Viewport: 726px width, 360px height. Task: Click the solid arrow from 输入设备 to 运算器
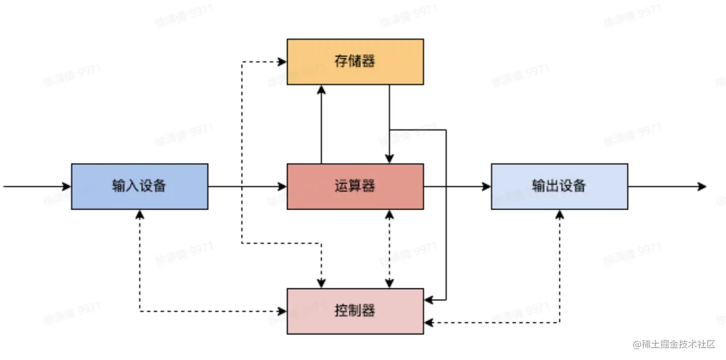[247, 186]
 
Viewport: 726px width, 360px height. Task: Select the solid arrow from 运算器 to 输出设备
[457, 186]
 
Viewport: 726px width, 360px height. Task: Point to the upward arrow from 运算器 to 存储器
[321, 124]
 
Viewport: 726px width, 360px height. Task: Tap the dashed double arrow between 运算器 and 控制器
[390, 249]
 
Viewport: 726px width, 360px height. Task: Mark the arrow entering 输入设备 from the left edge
[36, 186]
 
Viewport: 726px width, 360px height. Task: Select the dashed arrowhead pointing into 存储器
[282, 62]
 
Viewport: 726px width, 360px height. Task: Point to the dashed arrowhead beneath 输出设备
[560, 214]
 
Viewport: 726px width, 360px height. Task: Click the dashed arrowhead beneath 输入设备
[140, 214]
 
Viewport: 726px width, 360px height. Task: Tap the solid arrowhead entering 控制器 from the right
[429, 299]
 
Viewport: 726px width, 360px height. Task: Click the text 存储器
[355, 62]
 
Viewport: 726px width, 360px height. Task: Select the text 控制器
[355, 311]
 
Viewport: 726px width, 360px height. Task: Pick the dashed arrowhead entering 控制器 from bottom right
[429, 323]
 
